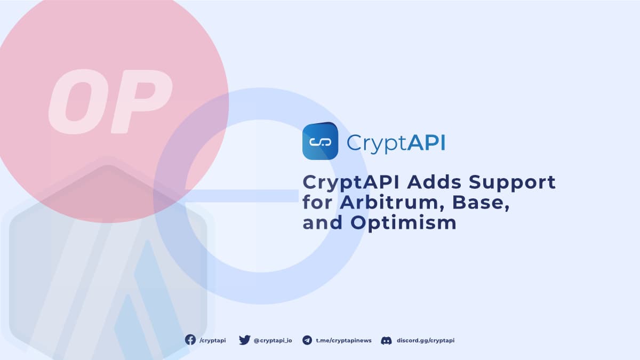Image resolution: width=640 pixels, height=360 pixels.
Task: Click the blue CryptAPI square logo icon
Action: tap(321, 141)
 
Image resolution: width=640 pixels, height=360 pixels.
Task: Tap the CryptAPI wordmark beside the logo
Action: tap(396, 143)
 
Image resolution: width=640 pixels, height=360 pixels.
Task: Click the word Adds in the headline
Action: tap(434, 182)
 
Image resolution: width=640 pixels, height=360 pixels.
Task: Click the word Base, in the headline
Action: tap(479, 203)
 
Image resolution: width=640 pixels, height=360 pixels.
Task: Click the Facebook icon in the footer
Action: tap(190, 340)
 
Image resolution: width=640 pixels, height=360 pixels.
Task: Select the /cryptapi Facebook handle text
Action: tap(212, 340)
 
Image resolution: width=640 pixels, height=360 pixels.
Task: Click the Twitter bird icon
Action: tap(244, 340)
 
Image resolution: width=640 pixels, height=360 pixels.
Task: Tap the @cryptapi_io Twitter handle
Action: tap(273, 340)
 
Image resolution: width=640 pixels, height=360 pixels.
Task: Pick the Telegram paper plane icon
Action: tap(307, 340)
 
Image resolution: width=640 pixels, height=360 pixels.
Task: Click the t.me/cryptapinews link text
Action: tap(343, 340)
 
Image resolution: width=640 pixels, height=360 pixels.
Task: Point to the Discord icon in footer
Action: tap(387, 340)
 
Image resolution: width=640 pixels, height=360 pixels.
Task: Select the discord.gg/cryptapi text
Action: tap(426, 340)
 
